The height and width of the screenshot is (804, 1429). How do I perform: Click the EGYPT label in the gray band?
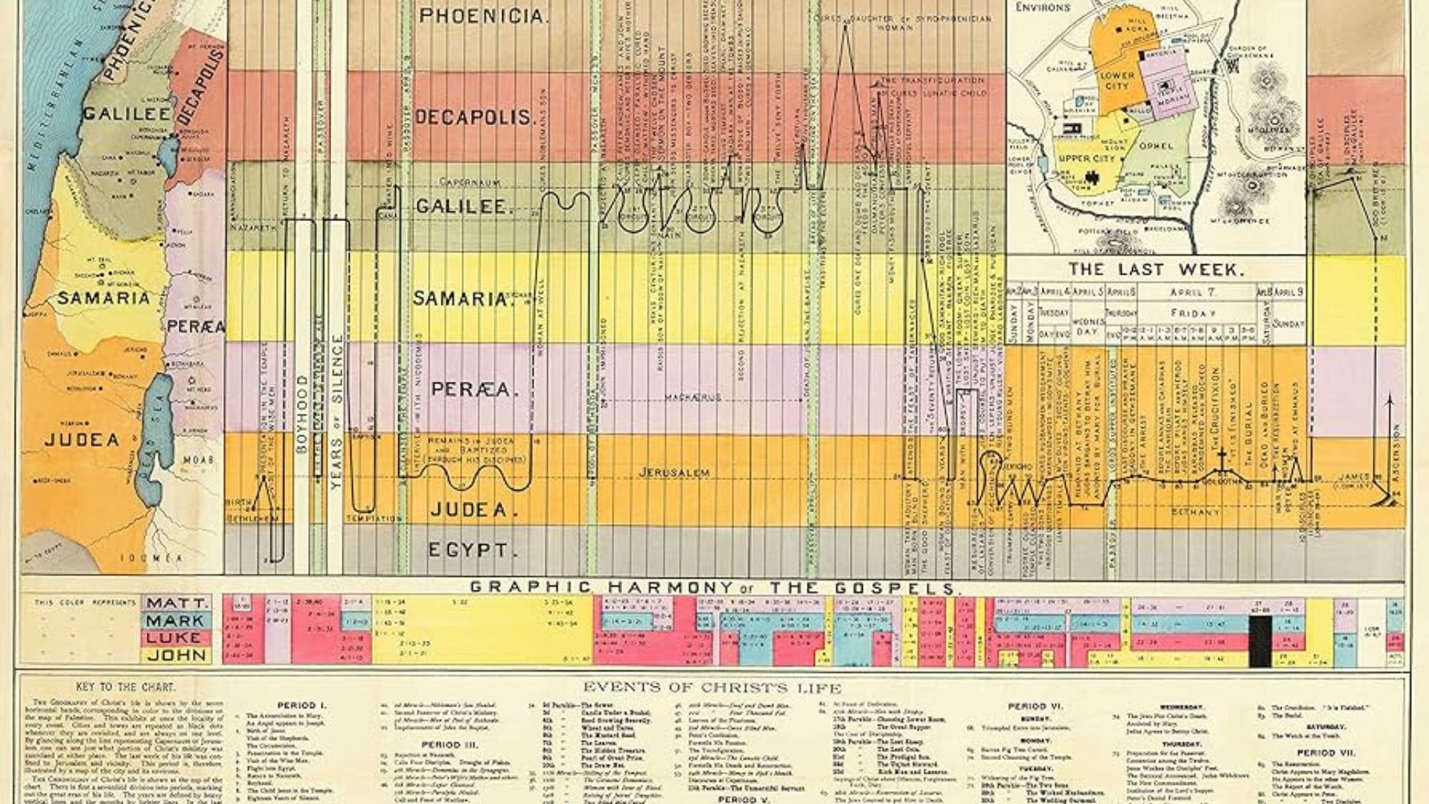point(467,551)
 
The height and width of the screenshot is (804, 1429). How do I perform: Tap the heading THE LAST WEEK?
point(1155,269)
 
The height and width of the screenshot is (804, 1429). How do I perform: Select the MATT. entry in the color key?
point(176,603)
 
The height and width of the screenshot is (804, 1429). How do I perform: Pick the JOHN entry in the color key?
point(176,655)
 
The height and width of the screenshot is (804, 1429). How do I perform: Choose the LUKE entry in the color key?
point(176,638)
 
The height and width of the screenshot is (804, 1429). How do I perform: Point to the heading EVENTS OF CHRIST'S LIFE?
point(712,688)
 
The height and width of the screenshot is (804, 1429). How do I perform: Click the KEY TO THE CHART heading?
point(126,687)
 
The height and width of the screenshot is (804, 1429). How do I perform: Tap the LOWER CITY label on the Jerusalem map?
point(1117,80)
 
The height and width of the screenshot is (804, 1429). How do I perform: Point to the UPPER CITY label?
point(1086,159)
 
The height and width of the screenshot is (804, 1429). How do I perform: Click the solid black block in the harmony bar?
point(1259,641)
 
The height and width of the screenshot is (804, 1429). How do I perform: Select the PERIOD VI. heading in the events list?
point(1035,706)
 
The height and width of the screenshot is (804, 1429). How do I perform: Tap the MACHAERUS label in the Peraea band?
point(694,398)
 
